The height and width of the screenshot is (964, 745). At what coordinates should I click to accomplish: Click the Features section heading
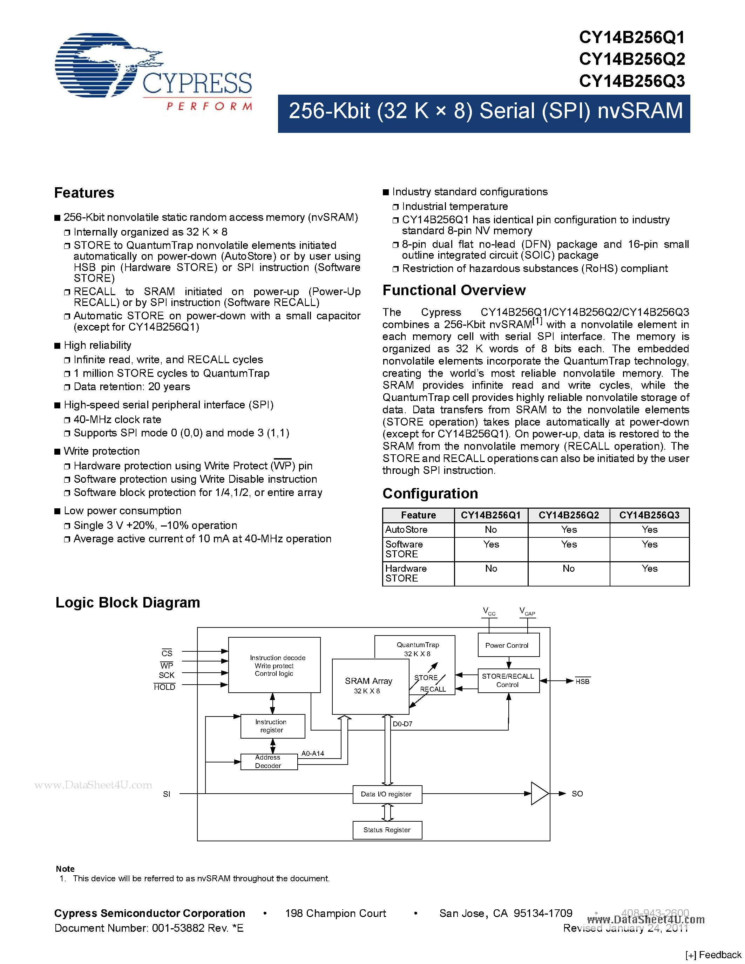(x=84, y=193)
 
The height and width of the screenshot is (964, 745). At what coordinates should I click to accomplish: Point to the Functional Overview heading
(x=454, y=291)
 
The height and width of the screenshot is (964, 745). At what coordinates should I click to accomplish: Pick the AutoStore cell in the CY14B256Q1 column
(x=491, y=530)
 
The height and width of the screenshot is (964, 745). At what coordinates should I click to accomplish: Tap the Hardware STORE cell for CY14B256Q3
(x=649, y=569)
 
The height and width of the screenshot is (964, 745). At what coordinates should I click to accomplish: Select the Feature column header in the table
(x=418, y=515)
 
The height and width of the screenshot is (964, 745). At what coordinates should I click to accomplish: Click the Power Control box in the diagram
(x=508, y=645)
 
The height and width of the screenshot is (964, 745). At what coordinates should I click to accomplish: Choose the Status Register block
(x=387, y=830)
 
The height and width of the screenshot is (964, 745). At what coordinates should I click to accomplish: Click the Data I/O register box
(x=387, y=794)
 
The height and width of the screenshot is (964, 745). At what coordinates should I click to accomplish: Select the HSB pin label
(x=582, y=681)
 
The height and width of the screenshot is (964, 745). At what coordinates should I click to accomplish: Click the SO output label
(x=577, y=794)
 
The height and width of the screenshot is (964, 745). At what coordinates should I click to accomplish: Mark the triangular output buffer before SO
(x=539, y=794)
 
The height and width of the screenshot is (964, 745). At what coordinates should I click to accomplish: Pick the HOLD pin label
(x=165, y=687)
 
